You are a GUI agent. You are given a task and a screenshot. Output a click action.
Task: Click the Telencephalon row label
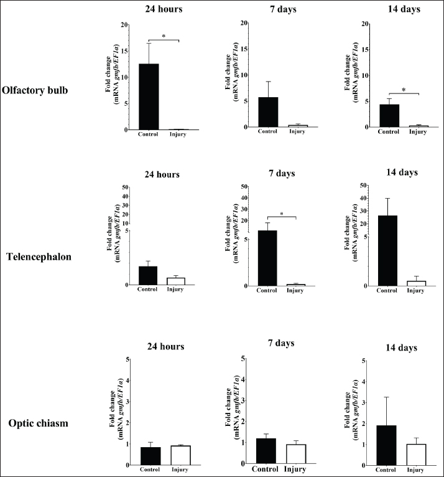click(45, 257)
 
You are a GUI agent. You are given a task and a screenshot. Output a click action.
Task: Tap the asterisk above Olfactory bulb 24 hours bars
click(164, 37)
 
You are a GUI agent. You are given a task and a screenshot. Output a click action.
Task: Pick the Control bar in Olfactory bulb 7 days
click(267, 112)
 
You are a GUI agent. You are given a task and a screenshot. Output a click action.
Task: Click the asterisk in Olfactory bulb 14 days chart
click(404, 90)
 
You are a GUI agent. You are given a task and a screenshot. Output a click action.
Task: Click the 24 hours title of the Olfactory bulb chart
click(162, 9)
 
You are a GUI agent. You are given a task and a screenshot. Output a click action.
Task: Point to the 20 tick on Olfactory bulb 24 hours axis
click(125, 25)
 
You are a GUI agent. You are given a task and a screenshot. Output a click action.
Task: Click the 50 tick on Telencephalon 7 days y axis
click(245, 186)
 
